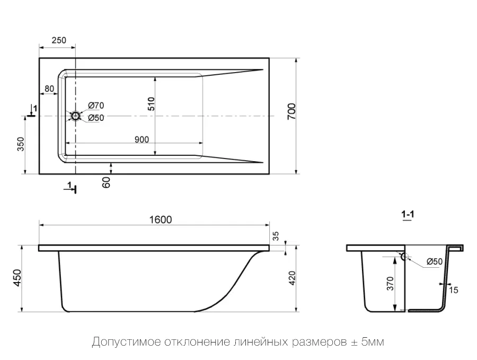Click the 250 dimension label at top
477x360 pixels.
pos(59,41)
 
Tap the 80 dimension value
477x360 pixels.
pos(50,89)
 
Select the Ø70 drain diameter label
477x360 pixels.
pos(96,106)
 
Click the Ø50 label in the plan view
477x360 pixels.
pos(96,118)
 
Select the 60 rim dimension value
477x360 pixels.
pos(106,183)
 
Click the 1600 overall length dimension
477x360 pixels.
pos(161,219)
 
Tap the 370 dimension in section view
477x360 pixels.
pos(390,285)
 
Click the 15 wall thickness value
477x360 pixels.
pos(453,289)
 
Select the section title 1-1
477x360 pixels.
pos(408,215)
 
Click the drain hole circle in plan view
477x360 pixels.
pos(76,116)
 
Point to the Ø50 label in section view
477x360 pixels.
pos(434,261)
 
